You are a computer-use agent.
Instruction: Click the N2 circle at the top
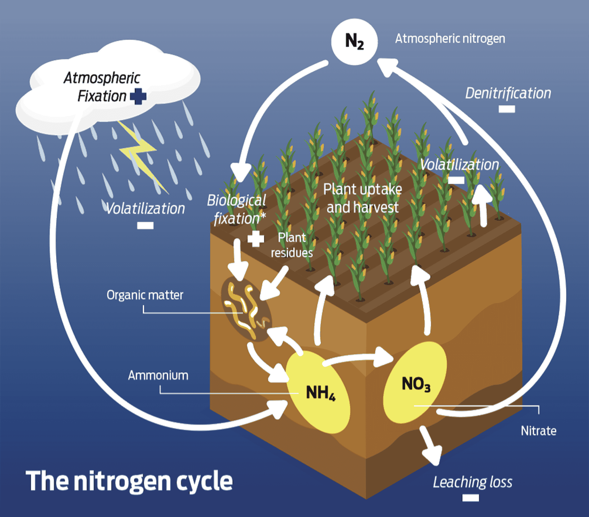click(x=354, y=42)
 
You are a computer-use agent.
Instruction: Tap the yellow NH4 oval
click(x=318, y=392)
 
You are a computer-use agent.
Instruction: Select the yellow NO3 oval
click(x=415, y=383)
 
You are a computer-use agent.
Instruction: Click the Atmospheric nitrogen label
click(x=450, y=39)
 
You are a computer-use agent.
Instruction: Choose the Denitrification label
click(x=508, y=93)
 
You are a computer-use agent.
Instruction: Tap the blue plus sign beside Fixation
click(x=138, y=96)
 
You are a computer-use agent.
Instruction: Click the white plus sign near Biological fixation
click(x=256, y=239)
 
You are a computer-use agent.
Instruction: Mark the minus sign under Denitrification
click(x=506, y=109)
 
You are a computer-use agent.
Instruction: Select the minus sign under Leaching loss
click(x=471, y=498)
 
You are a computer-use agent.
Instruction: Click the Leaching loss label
click(x=472, y=482)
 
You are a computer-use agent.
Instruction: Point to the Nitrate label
click(x=538, y=431)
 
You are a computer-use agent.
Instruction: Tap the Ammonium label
click(x=158, y=375)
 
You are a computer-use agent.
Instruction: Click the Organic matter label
click(x=145, y=295)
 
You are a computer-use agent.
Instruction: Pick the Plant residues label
click(x=292, y=245)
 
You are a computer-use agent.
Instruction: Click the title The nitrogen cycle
click(x=129, y=481)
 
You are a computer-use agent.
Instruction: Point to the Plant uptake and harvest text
click(x=362, y=198)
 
